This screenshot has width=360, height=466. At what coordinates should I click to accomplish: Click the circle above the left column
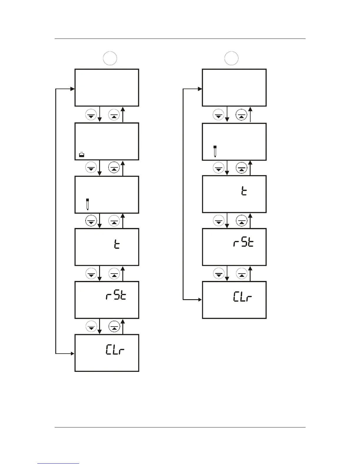110,58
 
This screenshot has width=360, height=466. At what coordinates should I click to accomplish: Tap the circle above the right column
231,58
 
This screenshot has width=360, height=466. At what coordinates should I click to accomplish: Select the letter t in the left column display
117,245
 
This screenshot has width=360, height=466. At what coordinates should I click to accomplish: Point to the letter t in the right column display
244,192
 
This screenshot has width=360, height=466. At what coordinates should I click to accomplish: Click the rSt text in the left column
116,296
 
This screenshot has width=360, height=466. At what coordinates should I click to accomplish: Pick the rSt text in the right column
243,243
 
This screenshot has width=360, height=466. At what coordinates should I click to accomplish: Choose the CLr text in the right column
243,297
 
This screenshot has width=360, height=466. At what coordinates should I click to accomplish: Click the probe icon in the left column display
87,204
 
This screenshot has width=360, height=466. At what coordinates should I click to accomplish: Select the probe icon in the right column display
215,151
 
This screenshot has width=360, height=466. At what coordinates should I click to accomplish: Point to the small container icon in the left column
82,154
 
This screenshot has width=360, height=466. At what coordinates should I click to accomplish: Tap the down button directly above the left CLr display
91,327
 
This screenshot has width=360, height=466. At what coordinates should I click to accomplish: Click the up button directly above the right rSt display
242,221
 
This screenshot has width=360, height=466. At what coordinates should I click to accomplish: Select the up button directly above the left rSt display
114,274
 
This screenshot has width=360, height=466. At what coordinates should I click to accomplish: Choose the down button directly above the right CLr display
219,274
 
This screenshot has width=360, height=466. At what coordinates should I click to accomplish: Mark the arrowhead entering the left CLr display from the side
73,353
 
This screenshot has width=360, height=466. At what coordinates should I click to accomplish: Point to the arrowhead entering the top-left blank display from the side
73,89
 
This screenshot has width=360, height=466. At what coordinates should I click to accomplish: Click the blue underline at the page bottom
59,463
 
